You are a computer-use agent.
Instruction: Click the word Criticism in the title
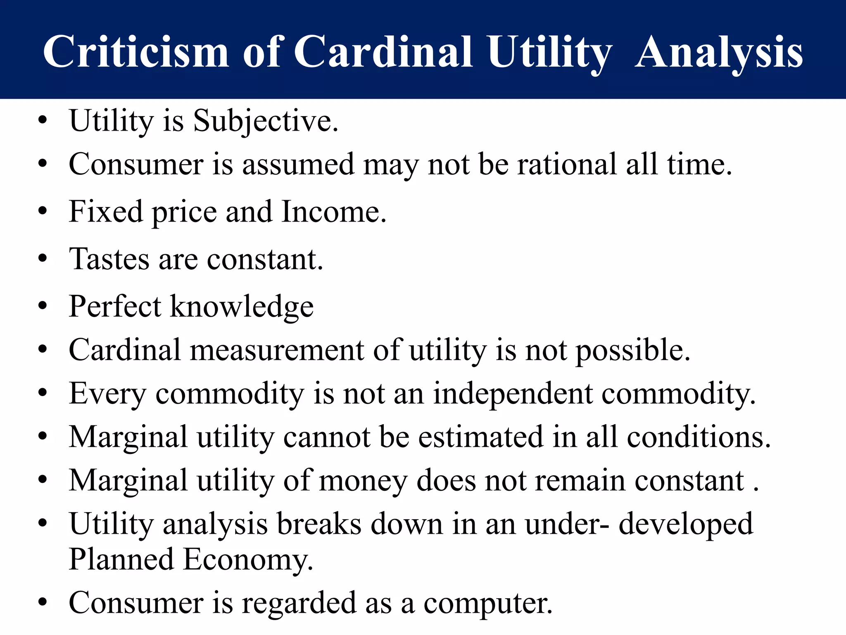click(136, 52)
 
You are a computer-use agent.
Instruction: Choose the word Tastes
click(109, 259)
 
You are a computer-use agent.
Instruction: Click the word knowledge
click(242, 307)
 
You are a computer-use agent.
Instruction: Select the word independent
click(513, 394)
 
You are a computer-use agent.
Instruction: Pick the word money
click(363, 481)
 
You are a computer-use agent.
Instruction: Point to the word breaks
click(319, 524)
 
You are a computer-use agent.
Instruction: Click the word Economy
click(248, 559)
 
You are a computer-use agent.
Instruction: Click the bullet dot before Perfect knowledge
click(43, 307)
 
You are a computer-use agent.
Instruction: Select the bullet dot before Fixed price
click(43, 212)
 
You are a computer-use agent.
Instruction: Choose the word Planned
click(121, 559)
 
